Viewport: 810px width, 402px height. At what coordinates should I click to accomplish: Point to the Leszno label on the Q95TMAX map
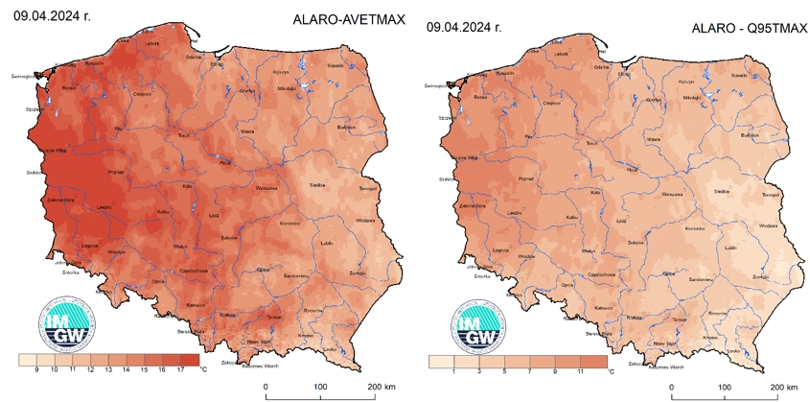click(x=514, y=212)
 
